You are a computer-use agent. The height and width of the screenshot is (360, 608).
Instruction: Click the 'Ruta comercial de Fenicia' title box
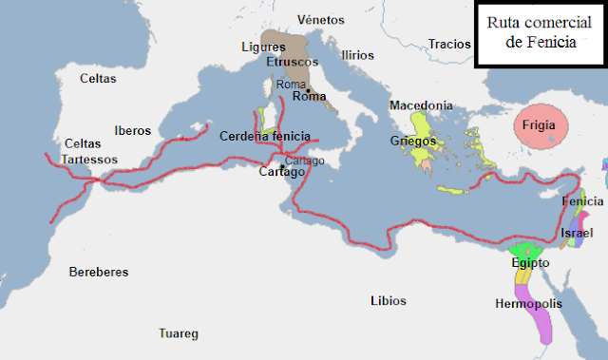click(x=538, y=34)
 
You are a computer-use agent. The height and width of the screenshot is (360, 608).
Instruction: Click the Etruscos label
click(x=291, y=62)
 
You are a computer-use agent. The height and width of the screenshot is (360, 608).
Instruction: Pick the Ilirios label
click(x=357, y=55)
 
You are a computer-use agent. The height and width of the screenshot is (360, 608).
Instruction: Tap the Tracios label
click(x=449, y=43)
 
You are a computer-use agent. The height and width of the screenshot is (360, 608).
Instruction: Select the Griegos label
click(x=413, y=141)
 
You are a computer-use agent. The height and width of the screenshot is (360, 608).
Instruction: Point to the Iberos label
click(x=132, y=131)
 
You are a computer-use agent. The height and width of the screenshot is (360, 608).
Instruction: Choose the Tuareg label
click(x=178, y=333)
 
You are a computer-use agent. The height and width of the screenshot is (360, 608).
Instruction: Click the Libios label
click(x=388, y=301)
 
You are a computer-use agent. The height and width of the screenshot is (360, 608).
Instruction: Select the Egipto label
click(x=529, y=262)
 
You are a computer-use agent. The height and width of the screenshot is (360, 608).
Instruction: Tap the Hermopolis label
click(x=528, y=304)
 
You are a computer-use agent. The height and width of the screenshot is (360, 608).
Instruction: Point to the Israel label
click(x=578, y=233)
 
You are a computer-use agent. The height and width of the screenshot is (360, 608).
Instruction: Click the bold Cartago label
click(x=282, y=172)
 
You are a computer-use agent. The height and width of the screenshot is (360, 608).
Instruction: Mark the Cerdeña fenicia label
click(x=265, y=136)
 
